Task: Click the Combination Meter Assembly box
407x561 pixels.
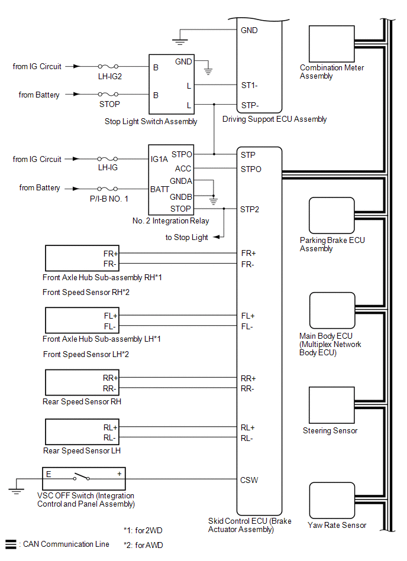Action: (331, 43)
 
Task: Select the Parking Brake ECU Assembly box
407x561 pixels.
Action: (331, 216)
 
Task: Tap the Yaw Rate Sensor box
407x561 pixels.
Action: (331, 500)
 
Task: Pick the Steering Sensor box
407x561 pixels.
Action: (331, 406)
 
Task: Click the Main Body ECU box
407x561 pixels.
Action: (331, 311)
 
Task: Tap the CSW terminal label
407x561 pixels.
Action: (248, 479)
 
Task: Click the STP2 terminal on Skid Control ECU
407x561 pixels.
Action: (250, 209)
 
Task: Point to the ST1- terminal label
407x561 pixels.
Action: (250, 85)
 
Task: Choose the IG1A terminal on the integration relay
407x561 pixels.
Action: (159, 159)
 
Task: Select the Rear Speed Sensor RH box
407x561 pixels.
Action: (83, 382)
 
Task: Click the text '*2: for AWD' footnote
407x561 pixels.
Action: (143, 545)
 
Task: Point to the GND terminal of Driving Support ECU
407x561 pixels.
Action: (249, 30)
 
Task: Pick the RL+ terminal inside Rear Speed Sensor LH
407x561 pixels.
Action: (111, 427)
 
